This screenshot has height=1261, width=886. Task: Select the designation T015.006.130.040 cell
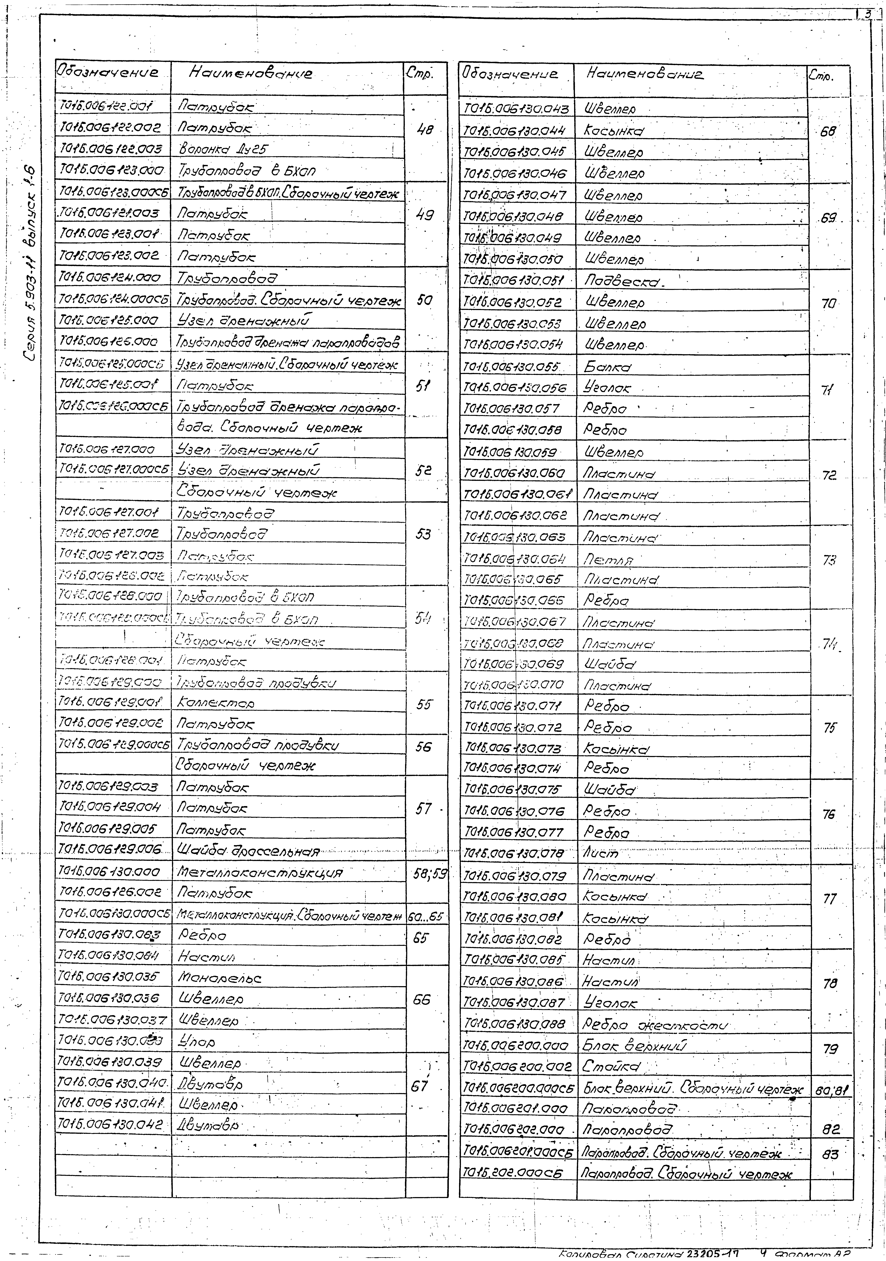click(113, 1083)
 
